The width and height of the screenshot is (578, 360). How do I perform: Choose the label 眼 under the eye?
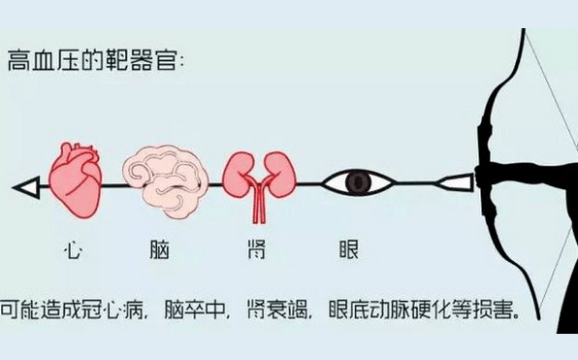[x=349, y=251]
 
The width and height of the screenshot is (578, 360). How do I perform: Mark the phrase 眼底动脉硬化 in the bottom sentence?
[x=398, y=313]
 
